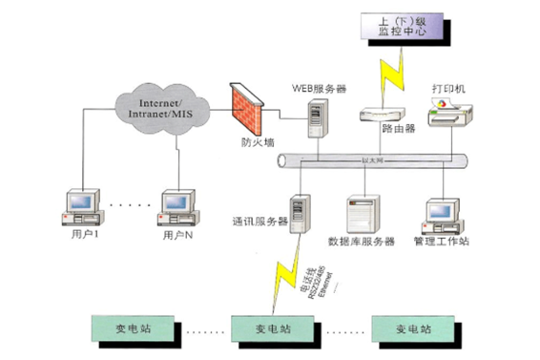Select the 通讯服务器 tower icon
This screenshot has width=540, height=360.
pyautogui.click(x=300, y=215)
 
